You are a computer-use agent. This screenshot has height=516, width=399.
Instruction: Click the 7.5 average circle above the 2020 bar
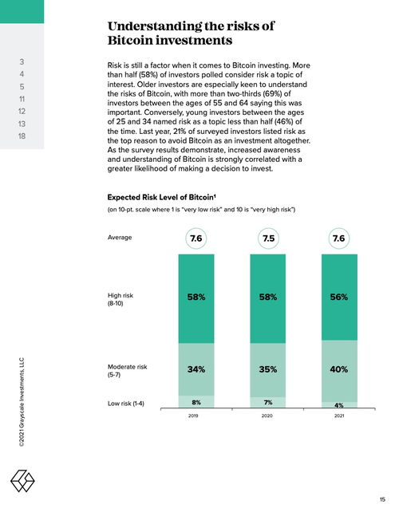[269, 238]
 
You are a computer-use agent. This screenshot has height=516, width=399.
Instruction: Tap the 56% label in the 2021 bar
[339, 297]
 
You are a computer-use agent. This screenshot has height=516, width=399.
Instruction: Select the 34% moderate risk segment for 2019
[196, 369]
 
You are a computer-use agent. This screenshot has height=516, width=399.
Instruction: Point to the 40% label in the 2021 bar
[339, 369]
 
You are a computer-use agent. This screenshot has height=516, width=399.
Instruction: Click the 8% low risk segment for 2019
[196, 402]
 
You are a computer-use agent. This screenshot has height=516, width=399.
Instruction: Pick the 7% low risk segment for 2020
[268, 403]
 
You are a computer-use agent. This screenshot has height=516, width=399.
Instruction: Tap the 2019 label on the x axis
[193, 416]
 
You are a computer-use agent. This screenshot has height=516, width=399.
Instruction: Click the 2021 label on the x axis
[339, 416]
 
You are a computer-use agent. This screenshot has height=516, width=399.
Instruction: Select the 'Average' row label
[120, 238]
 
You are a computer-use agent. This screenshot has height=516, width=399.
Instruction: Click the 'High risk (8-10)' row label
[120, 299]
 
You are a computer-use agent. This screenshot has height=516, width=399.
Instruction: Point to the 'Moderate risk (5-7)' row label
[127, 371]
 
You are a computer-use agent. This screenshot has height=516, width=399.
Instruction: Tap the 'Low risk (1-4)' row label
[126, 404]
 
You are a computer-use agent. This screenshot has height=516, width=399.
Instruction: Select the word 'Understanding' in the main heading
[154, 26]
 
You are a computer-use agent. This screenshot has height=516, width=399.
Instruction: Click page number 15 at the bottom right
[382, 499]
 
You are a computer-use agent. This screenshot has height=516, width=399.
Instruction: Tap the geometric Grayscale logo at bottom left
[22, 481]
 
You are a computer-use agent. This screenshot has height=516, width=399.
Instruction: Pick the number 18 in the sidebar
[22, 136]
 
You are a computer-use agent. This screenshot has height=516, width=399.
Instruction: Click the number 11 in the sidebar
[22, 99]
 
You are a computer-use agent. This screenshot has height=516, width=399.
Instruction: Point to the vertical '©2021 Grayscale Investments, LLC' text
[22, 402]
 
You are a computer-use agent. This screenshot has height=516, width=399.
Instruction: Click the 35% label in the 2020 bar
[268, 369]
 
